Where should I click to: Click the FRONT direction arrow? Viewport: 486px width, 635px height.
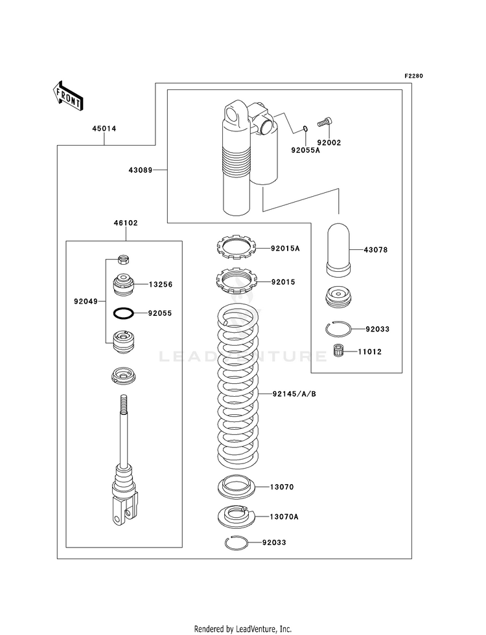tap(67, 96)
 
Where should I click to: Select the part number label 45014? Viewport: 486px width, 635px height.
tap(104, 128)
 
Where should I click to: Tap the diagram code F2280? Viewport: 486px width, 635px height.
tap(413, 76)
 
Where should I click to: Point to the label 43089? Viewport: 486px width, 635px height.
tap(140, 170)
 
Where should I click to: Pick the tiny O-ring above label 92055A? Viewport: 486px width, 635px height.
tap(306, 129)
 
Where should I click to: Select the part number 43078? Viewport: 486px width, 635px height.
tap(375, 250)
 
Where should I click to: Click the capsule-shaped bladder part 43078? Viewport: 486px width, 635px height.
tap(339, 250)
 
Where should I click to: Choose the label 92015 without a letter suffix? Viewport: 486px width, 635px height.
tap(283, 282)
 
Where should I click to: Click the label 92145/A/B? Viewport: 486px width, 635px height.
tap(294, 393)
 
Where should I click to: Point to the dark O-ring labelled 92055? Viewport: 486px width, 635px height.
tap(123, 313)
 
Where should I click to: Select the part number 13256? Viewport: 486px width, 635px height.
tap(161, 284)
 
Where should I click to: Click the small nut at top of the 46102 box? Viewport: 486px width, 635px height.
tap(123, 258)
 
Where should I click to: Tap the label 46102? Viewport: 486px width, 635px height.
tap(126, 223)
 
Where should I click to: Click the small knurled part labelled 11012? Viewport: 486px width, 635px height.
tap(339, 351)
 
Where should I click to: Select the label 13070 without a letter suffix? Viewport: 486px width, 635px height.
tap(282, 487)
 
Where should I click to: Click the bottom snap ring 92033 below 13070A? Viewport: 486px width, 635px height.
tap(235, 542)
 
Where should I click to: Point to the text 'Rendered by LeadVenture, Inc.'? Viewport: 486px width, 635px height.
tap(243, 629)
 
